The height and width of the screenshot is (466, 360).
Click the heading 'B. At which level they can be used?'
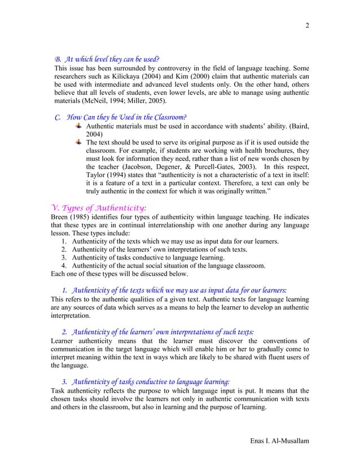(x=106, y=59)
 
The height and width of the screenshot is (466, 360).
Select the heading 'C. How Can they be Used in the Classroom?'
(x=120, y=117)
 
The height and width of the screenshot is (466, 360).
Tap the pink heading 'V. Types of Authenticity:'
(x=99, y=208)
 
